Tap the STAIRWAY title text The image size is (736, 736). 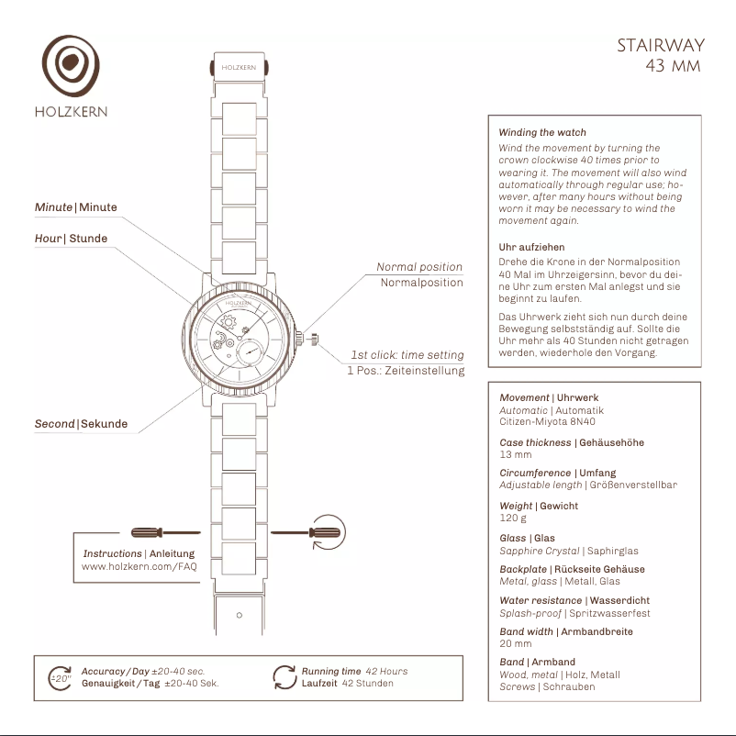(x=660, y=46)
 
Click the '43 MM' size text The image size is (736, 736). (x=672, y=66)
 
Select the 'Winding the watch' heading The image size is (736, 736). (x=541, y=133)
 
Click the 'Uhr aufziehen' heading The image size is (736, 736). (x=531, y=248)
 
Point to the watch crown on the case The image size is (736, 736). (x=313, y=340)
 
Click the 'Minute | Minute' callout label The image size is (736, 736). (x=76, y=207)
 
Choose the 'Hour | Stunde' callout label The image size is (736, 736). (x=71, y=239)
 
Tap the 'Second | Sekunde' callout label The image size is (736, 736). (x=81, y=424)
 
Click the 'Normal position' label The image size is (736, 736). (x=419, y=267)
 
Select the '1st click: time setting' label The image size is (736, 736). (x=407, y=355)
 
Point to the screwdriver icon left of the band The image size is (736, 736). (x=166, y=531)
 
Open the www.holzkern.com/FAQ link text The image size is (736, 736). (x=139, y=567)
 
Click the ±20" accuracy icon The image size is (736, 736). (x=60, y=678)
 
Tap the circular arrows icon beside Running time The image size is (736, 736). (x=284, y=677)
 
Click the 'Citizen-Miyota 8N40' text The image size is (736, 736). (x=542, y=423)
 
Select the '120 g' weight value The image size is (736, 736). (x=513, y=518)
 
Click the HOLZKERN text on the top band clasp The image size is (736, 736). (x=239, y=67)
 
